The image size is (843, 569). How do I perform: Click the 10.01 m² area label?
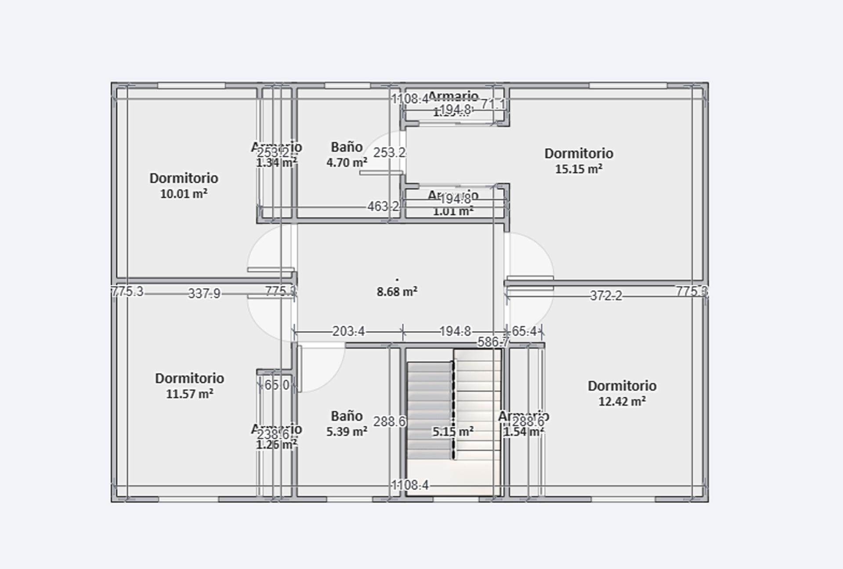click(184, 194)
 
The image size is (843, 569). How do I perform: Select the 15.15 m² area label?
click(579, 169)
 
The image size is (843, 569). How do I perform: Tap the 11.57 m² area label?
click(189, 394)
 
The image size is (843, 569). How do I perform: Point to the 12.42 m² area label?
click(622, 402)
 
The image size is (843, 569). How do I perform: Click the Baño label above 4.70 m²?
click(347, 147)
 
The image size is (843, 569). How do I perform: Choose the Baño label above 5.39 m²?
click(347, 416)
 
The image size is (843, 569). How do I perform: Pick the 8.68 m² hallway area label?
click(397, 292)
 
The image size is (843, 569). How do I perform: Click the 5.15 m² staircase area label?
click(453, 432)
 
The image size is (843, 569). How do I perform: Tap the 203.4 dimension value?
click(348, 331)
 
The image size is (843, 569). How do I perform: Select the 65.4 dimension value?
click(524, 331)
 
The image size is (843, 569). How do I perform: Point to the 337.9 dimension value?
click(204, 293)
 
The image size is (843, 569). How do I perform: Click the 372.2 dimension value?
click(606, 296)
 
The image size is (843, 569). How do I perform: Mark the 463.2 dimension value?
click(383, 206)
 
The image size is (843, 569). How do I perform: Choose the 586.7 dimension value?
click(493, 342)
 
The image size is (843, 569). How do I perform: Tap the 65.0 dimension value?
click(277, 385)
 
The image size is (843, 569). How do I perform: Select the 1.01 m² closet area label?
click(453, 212)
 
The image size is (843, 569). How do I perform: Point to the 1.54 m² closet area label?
click(523, 432)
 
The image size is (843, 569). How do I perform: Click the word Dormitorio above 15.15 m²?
click(579, 153)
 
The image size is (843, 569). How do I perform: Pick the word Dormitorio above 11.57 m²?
click(189, 378)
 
